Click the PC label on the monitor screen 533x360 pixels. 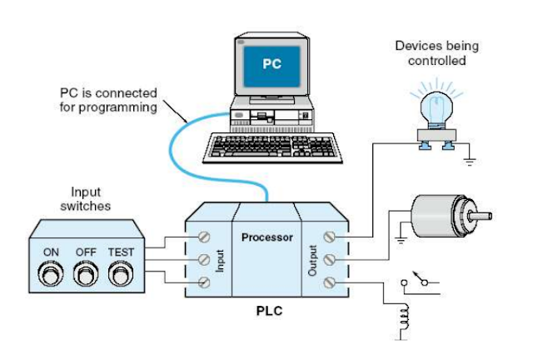click(271, 63)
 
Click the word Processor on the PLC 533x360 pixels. click(266, 237)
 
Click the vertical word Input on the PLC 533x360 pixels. click(222, 260)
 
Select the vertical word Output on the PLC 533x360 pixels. click(312, 260)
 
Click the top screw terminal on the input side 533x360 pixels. click(202, 237)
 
